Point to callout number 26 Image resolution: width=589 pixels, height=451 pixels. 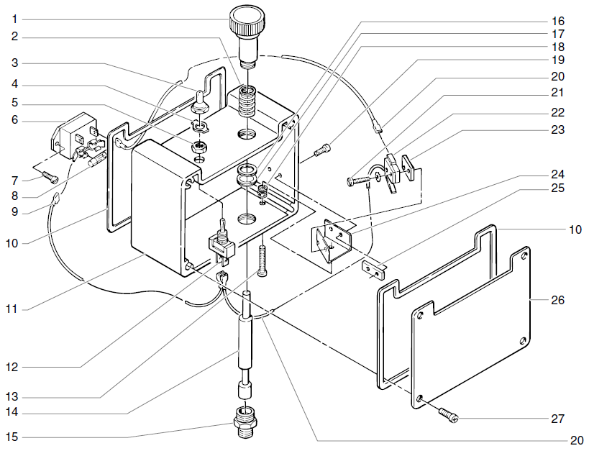pos(558,299)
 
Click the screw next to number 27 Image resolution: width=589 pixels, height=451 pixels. pos(447,414)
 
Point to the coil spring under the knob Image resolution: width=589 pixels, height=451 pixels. pos(247,100)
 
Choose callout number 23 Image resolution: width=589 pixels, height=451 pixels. pos(558,130)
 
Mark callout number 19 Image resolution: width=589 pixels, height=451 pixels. pos(558,60)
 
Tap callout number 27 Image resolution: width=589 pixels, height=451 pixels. pos(558,418)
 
